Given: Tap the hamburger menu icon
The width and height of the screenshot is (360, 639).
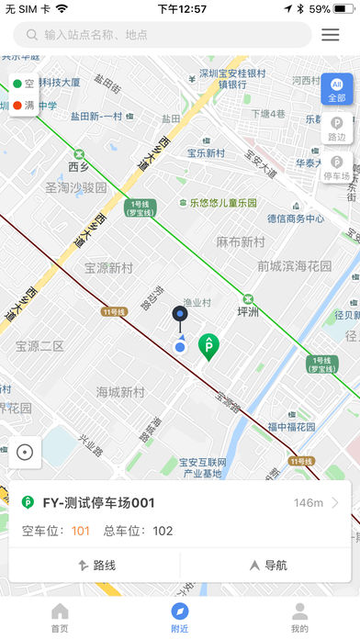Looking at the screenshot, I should tap(331, 35).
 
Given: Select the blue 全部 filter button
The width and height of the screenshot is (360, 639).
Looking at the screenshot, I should tap(336, 88).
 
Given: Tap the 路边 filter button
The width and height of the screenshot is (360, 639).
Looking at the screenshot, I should tap(337, 128).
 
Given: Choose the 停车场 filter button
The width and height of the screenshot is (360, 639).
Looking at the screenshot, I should tap(337, 167).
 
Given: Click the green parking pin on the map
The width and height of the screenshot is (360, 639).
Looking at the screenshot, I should tap(209, 345).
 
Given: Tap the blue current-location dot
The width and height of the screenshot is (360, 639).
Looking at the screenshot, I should tap(180, 347).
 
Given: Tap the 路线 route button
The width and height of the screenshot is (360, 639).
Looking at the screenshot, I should tap(95, 566).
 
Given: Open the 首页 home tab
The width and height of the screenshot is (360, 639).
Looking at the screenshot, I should tap(60, 618).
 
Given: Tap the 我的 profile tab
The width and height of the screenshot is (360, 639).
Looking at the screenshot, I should tap(299, 618).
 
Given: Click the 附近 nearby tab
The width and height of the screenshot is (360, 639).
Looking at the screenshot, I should tap(180, 618).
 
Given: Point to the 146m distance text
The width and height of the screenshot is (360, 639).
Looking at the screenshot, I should tap(309, 503).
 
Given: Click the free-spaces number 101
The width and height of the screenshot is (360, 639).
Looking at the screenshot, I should tap(81, 531).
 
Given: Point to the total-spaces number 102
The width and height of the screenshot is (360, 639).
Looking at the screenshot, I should tap(163, 531).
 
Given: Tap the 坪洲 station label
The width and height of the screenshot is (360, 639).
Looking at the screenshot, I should tap(248, 311).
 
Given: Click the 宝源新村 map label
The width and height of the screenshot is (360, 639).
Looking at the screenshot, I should tap(108, 268).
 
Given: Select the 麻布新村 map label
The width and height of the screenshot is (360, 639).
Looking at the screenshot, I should tap(241, 242).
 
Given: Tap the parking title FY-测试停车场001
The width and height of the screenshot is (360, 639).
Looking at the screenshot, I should tap(99, 502).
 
